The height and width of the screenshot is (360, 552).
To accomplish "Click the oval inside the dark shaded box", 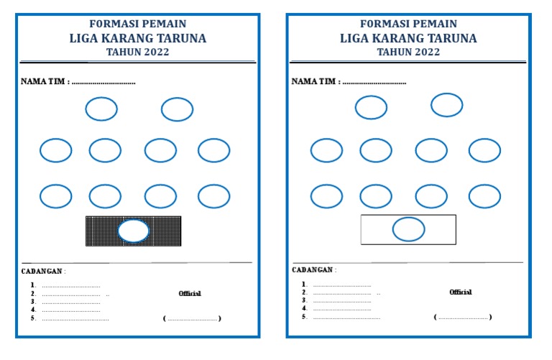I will tap(134, 231).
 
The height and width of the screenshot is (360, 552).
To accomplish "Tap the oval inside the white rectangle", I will tap(408, 229).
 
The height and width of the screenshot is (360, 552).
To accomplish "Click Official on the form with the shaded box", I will tap(190, 293).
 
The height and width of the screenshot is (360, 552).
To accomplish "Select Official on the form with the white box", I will tap(461, 292).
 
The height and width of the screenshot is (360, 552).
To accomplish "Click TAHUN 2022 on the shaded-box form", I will tap(137, 52).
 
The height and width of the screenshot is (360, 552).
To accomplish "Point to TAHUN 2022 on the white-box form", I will tap(408, 52).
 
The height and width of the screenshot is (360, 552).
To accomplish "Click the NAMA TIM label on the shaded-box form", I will tap(45, 81).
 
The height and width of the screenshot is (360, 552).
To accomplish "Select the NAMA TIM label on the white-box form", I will tap(316, 81).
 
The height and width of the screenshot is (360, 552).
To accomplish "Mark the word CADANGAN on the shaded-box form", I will tap(42, 271).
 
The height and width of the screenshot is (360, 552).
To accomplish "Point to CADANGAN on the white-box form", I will tap(313, 270).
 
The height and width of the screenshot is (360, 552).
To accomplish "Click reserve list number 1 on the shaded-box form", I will tap(33, 285).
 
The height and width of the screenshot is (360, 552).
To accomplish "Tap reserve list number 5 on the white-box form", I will tap(304, 317).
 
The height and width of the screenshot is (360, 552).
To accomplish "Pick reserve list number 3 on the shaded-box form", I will tap(33, 301).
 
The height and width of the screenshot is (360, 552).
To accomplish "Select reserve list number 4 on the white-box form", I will tap(304, 309).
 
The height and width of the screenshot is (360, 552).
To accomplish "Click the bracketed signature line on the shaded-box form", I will tap(193, 318).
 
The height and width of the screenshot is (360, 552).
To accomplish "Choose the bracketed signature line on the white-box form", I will tap(464, 317).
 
